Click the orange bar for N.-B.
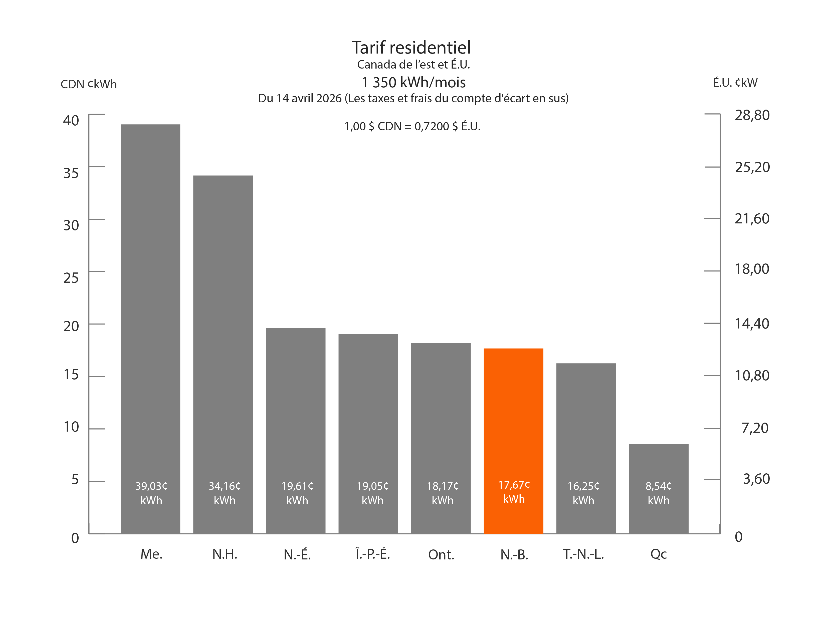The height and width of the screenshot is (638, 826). [513, 416]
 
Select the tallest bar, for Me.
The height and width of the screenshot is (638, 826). [150, 302]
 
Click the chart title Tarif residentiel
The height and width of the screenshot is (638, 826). [411, 48]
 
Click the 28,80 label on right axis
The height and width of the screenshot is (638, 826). [752, 115]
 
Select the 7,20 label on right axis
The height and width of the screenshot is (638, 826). [754, 428]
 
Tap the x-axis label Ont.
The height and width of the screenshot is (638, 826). [441, 554]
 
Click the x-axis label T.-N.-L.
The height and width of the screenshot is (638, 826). [583, 554]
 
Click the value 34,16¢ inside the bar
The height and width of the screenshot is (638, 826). [224, 486]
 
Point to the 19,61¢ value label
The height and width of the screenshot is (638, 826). [297, 486]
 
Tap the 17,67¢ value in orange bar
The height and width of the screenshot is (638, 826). [514, 485]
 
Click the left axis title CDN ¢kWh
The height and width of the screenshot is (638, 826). [89, 84]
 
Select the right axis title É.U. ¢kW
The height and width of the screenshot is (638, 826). [735, 83]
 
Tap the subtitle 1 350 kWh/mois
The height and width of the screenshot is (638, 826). [414, 82]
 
